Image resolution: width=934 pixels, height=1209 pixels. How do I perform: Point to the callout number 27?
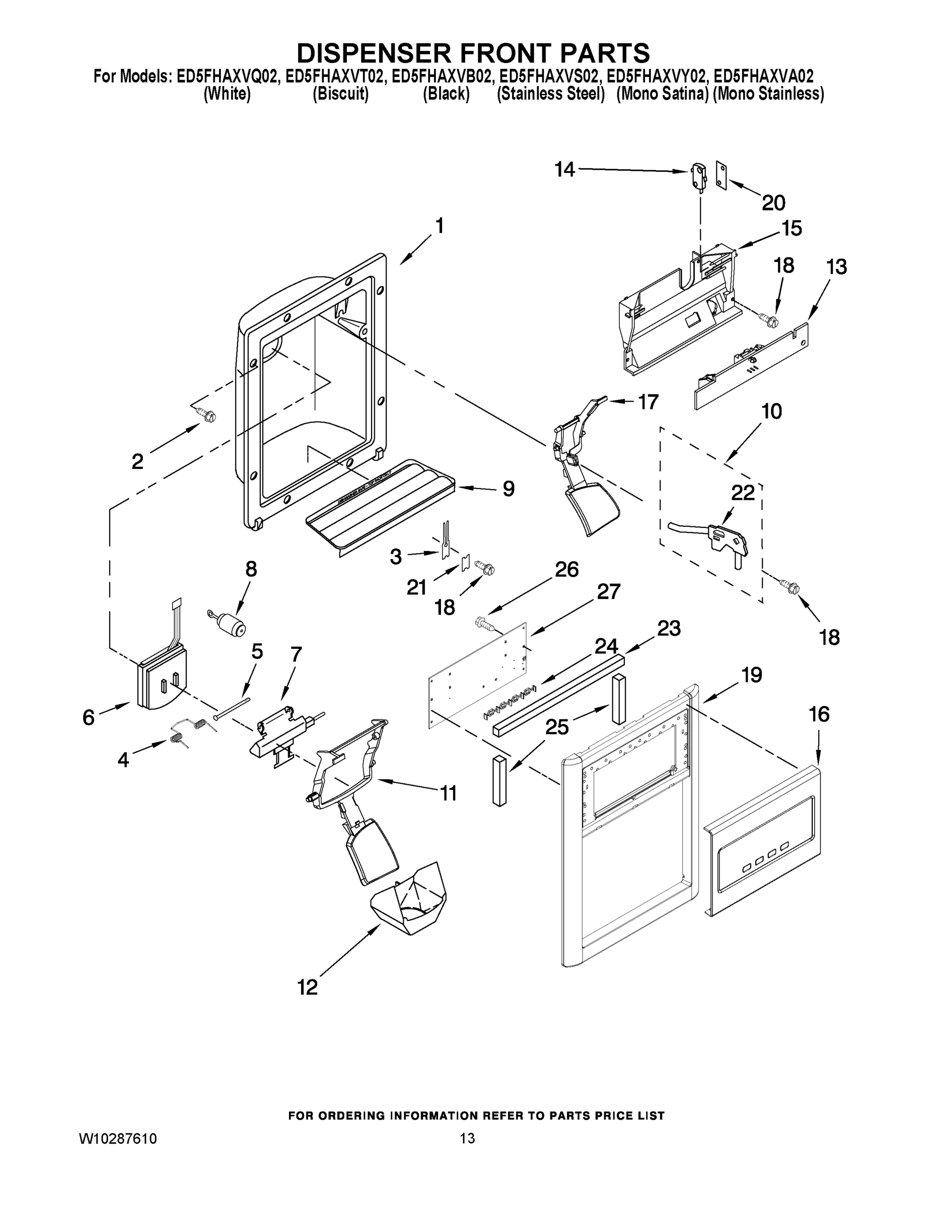coord(608,592)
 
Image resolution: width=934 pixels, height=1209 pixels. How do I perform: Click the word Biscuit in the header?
coord(340,94)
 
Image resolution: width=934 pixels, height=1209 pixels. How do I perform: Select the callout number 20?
coord(773,203)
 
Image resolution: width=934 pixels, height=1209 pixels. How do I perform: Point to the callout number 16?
coord(819,715)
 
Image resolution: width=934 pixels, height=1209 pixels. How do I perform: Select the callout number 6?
coord(89,717)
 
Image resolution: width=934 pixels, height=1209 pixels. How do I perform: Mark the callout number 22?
coord(743,492)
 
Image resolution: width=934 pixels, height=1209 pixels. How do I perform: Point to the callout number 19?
coord(752,675)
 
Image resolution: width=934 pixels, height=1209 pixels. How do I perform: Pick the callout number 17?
coord(648,402)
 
